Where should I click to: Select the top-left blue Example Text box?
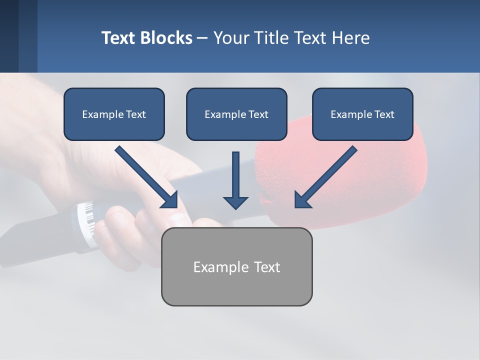pos(114,114)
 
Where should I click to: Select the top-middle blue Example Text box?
pos(236,114)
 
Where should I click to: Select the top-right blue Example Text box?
pos(362,114)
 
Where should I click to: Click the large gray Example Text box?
pos(236,266)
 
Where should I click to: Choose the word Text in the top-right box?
pos(384,114)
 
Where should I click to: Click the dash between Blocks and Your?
pos(202,38)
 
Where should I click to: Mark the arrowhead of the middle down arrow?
pos(235,202)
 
